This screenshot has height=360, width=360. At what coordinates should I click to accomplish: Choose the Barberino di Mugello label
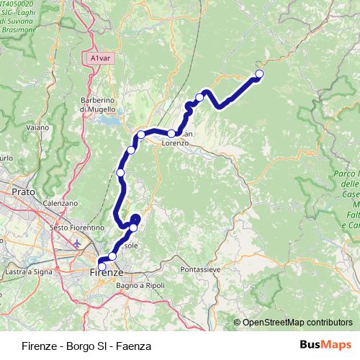coord(98,104)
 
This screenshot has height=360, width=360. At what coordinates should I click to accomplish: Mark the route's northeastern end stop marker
coord(259,73)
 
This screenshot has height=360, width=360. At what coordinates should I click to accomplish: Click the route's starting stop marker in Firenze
coord(102,266)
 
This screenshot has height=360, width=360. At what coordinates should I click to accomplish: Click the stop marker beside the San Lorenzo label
coord(172,133)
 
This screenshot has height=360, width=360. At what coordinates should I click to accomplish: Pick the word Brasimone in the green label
coord(18,31)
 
